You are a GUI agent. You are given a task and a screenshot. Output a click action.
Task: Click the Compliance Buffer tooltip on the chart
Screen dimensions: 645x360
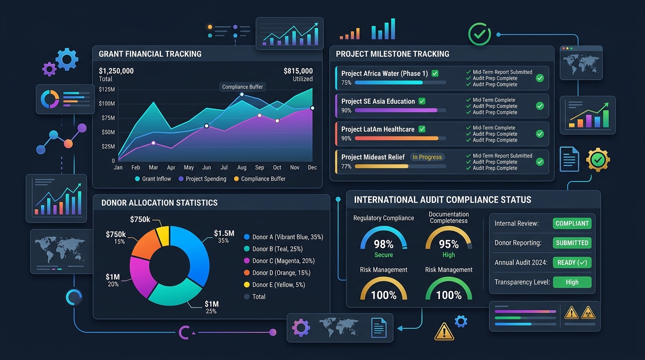coord(242,87)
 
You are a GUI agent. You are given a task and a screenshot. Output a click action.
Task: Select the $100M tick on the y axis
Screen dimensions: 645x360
coord(107,104)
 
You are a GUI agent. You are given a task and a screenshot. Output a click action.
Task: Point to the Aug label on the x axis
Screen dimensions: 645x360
coord(241,167)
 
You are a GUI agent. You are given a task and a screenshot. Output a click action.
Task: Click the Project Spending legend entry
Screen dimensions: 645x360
coord(202,179)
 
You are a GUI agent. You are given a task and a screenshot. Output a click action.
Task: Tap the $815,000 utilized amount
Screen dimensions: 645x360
coord(298,71)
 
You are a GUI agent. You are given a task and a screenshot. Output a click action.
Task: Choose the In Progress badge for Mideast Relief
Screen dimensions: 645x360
coord(427,157)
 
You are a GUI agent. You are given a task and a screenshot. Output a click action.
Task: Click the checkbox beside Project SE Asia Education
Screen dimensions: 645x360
coord(422,101)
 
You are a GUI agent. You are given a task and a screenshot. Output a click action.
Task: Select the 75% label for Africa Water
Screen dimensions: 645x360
coord(346,82)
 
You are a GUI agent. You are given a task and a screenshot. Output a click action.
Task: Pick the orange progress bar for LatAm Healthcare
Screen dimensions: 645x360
coord(397,139)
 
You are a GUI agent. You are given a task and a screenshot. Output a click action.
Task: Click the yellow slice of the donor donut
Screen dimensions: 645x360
coord(163,236)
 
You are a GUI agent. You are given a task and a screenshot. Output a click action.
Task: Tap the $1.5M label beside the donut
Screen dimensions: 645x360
coord(224,233)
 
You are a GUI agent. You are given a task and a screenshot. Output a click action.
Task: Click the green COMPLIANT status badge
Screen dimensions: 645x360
coord(572,224)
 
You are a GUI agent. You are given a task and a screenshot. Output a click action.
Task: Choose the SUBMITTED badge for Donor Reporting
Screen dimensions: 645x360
coord(572,243)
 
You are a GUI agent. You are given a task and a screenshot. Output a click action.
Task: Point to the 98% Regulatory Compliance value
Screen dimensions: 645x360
coord(383,244)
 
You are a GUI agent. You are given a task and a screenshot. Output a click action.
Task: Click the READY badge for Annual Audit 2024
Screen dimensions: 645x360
coord(572,262)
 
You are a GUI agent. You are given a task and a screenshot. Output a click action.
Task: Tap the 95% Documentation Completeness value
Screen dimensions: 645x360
coord(449,244)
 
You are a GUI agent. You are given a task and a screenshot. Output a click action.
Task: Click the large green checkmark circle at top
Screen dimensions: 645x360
coord(480,34)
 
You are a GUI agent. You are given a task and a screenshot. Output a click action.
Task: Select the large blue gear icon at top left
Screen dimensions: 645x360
coord(67,60)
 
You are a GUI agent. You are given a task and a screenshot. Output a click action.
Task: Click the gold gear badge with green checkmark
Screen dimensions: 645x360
coord(598,159)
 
